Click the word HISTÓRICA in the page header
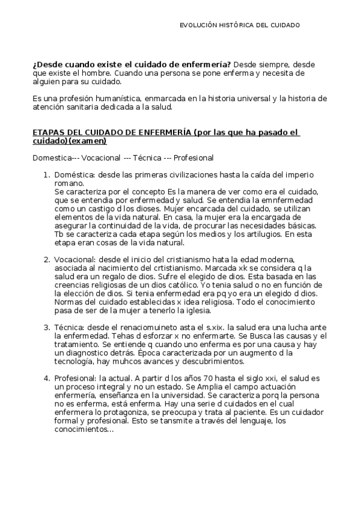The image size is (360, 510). coord(236,25)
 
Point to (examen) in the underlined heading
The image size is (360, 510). coord(88,141)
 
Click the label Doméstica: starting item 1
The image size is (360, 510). coord(75,175)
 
